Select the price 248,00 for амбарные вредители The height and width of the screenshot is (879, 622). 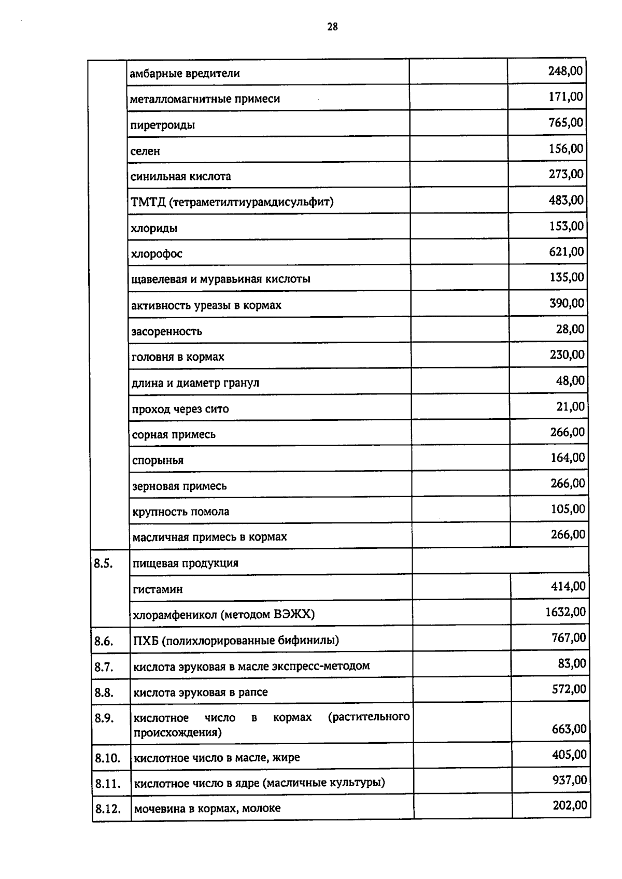tap(566, 71)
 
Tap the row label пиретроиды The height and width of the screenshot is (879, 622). tap(162, 125)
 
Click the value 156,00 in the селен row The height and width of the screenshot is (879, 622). tap(566, 149)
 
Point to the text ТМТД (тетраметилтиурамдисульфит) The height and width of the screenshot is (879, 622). tap(232, 202)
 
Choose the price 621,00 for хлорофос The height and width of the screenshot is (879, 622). tap(567, 252)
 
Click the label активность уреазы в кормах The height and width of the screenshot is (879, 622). tap(206, 305)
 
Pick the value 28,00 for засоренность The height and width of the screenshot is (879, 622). tap(570, 329)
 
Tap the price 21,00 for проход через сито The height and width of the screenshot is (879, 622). tap(571, 407)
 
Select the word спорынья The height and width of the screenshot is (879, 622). tap(158, 460)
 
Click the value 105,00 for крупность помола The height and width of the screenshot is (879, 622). tap(568, 509)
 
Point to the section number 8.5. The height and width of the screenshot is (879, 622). tap(104, 563)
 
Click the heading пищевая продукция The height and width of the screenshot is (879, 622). tap(186, 563)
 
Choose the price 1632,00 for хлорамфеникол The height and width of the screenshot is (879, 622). tap(566, 612)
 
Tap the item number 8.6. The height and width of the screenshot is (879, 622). tap(104, 641)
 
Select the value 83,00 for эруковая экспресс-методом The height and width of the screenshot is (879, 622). tap(572, 663)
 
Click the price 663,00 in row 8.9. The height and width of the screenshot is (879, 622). tap(569, 729)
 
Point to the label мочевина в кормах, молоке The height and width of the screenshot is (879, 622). tap(207, 808)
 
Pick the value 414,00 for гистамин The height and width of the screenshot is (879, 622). tap(569, 587)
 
